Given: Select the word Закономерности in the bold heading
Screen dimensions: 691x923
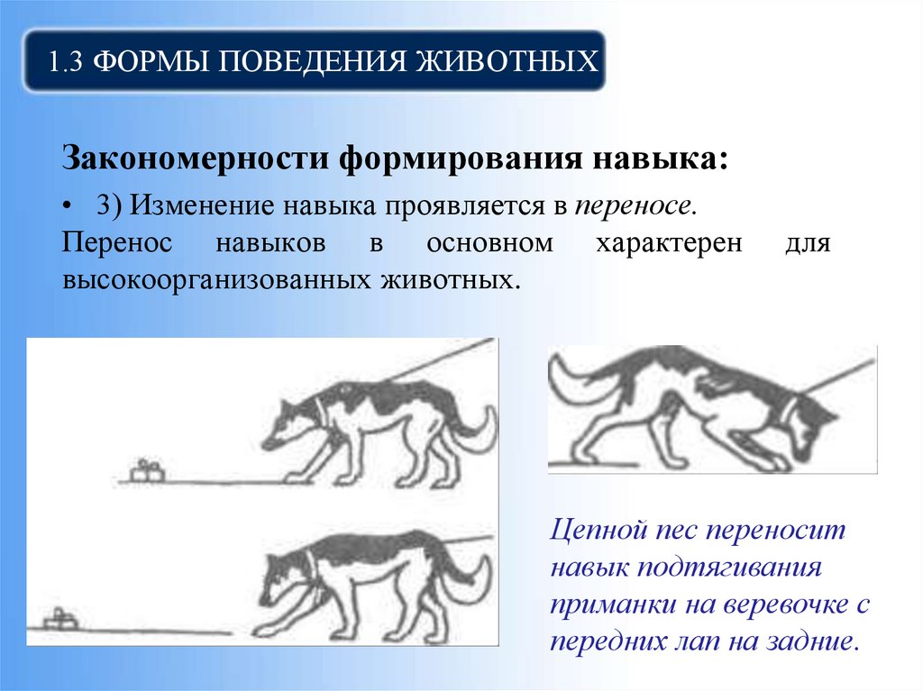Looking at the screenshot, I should [x=194, y=159].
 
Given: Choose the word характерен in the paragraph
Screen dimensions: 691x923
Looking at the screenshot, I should [x=668, y=243].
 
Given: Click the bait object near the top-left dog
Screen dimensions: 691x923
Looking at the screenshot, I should [x=147, y=469].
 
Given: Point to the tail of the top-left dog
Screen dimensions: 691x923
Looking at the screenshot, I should [x=478, y=432].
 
